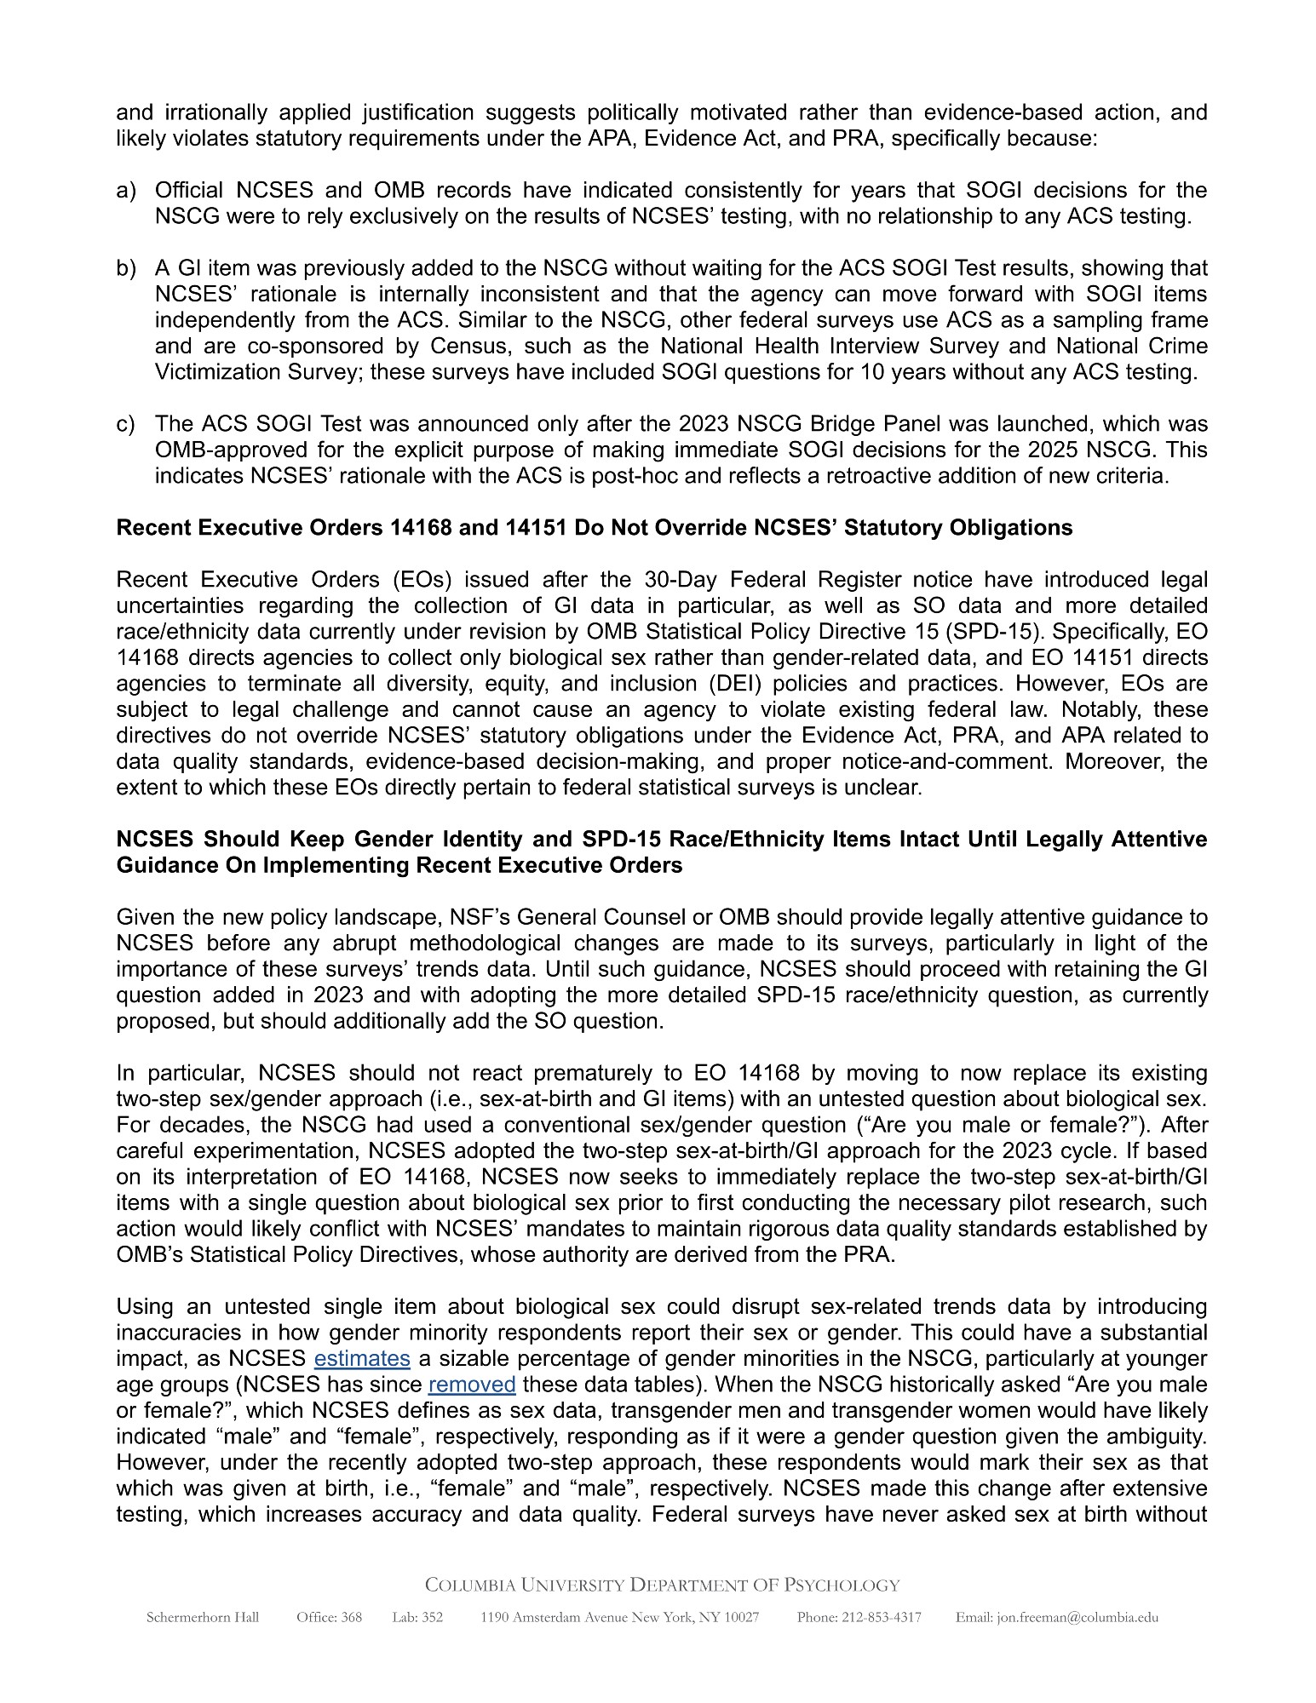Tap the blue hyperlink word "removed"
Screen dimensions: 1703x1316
pyautogui.click(x=472, y=1384)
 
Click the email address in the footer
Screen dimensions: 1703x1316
pyautogui.click(x=1056, y=1617)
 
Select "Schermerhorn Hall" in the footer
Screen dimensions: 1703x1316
pyautogui.click(x=203, y=1617)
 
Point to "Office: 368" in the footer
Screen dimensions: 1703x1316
pyautogui.click(x=329, y=1617)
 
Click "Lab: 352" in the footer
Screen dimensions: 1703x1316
pyautogui.click(x=417, y=1617)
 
